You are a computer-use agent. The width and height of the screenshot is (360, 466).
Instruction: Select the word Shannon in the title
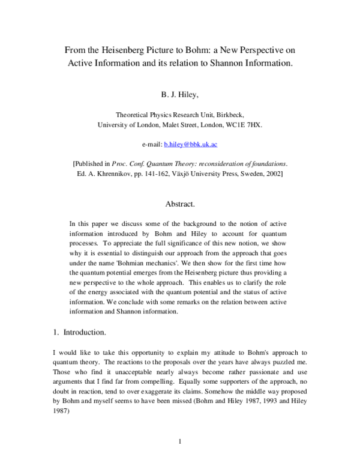coord(229,62)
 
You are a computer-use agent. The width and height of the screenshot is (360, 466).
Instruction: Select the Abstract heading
coord(179,204)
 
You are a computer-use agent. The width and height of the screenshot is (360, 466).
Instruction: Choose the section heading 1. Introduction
coord(77,331)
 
